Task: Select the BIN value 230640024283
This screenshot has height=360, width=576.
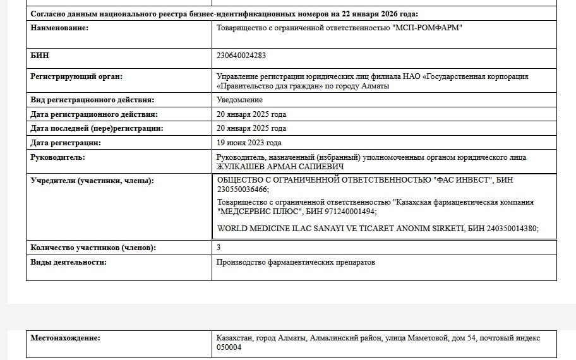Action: pyautogui.click(x=241, y=56)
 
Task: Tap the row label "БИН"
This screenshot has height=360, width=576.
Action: pyautogui.click(x=40, y=56)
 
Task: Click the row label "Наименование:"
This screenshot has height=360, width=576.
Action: pyautogui.click(x=60, y=28)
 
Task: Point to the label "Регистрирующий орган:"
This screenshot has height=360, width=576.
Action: pyautogui.click(x=76, y=76)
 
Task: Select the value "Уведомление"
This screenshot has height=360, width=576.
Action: pyautogui.click(x=239, y=100)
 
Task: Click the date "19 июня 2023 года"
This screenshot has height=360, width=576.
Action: pyautogui.click(x=249, y=143)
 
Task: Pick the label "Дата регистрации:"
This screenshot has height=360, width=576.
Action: pyautogui.click(x=66, y=143)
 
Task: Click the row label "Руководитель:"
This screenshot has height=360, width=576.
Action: pyautogui.click(x=57, y=157)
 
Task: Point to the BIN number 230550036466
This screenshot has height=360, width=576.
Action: pyautogui.click(x=241, y=189)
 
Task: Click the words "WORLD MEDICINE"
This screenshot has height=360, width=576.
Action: pyautogui.click(x=251, y=229)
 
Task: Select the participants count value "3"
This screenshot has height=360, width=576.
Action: pyautogui.click(x=219, y=248)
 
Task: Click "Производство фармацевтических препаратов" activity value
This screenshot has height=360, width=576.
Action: pyautogui.click(x=296, y=262)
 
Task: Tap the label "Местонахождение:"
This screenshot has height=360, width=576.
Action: pyautogui.click(x=65, y=338)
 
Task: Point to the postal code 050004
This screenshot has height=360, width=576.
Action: pyautogui.click(x=229, y=347)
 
